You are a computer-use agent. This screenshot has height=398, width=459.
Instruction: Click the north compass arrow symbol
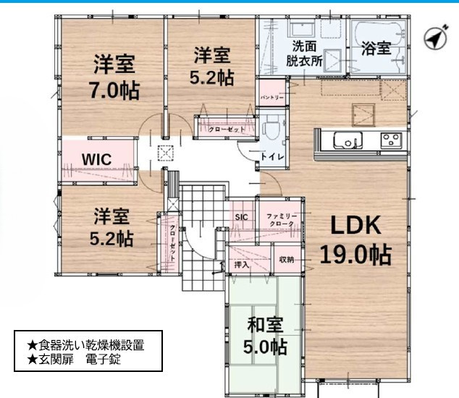pyautogui.click(x=436, y=38)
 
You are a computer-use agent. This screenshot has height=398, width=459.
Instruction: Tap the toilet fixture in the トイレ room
pyautogui.click(x=271, y=126)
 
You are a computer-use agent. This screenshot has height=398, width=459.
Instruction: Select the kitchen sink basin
pyautogui.click(x=348, y=140)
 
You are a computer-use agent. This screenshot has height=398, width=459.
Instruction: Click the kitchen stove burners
pyautogui.click(x=391, y=140)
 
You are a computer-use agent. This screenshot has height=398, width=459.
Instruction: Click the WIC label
pyautogui.click(x=96, y=159)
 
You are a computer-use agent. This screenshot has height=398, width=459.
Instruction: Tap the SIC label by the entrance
pyautogui.click(x=241, y=217)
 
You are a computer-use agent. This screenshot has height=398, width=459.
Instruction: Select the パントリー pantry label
pyautogui.click(x=272, y=97)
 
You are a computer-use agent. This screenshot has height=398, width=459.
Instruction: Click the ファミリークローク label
pyautogui.click(x=282, y=220)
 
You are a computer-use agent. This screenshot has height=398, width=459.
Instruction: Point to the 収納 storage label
pyautogui.click(x=287, y=259)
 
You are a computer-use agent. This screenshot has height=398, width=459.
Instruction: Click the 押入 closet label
pyautogui.click(x=242, y=265)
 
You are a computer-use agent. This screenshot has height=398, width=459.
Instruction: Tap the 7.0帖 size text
pyautogui.click(x=114, y=90)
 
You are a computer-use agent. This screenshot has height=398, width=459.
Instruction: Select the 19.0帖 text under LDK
pyautogui.click(x=355, y=254)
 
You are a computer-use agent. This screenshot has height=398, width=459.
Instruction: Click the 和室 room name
pyautogui.click(x=265, y=325)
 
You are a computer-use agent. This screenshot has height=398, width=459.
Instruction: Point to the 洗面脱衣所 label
pyautogui.click(x=305, y=54)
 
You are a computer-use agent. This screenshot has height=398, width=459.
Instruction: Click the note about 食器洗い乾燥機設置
pyautogui.click(x=85, y=345)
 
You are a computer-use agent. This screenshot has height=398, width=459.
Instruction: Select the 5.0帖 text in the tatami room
pyautogui.click(x=265, y=347)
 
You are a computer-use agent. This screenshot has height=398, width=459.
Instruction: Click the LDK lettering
pyautogui.click(x=355, y=225)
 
